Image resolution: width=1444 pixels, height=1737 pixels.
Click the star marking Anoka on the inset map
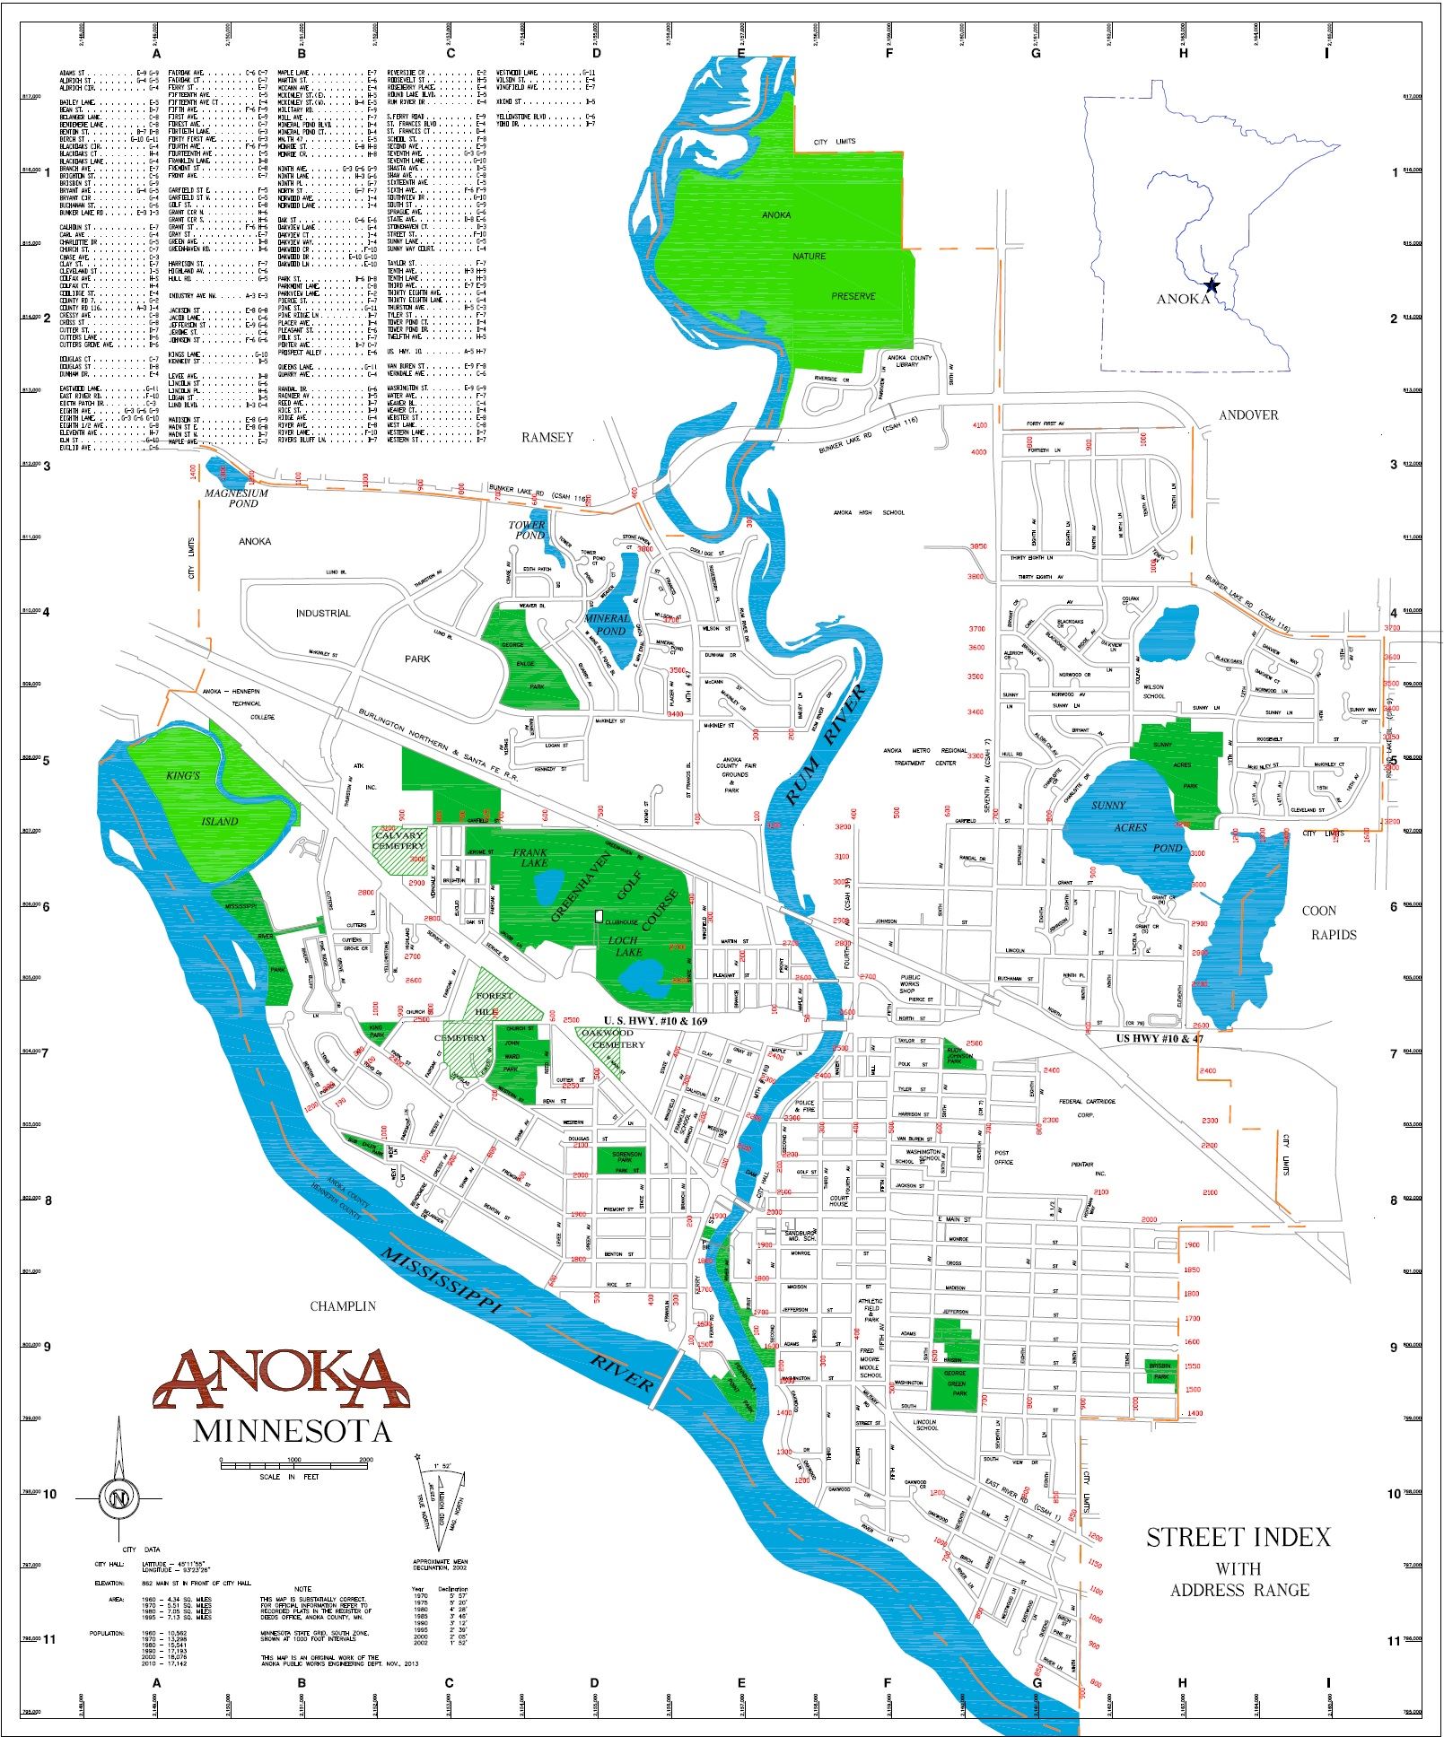1212,285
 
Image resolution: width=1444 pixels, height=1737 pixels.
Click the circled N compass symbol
118,1497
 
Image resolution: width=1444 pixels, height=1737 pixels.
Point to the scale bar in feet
296,1462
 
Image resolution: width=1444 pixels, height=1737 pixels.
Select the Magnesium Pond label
237,498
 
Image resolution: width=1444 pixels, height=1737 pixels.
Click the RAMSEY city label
547,437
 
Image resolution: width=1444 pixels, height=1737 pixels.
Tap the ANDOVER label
1247,415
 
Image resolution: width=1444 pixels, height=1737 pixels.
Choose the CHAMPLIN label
343,1306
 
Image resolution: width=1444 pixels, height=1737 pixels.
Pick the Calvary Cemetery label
398,841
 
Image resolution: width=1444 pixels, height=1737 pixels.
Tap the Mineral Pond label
607,624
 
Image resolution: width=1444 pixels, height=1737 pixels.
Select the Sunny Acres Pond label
1130,826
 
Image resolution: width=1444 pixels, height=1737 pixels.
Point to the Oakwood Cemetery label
612,1038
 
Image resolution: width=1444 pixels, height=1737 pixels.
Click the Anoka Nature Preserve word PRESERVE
853,296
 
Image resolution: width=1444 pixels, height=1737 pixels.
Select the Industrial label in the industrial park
323,614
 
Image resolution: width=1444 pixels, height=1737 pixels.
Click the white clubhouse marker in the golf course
599,914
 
